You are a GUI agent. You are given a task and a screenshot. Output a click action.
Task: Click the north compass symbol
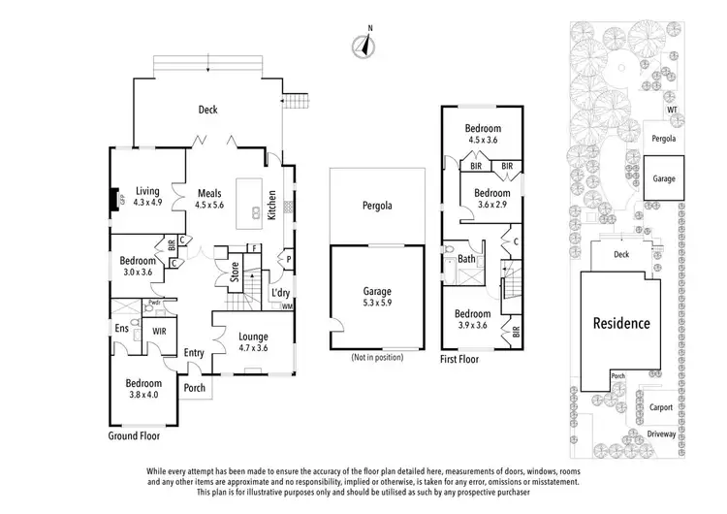pyautogui.click(x=365, y=44)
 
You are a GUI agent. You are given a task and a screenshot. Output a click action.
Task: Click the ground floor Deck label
pyautogui.click(x=207, y=111)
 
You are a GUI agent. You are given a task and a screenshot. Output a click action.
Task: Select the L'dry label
pyautogui.click(x=281, y=292)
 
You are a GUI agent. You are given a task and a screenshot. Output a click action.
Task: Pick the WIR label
pyautogui.click(x=160, y=331)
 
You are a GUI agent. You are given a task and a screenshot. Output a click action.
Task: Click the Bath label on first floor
pyautogui.click(x=466, y=259)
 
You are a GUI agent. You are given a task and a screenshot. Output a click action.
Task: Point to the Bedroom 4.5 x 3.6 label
pyautogui.click(x=482, y=134)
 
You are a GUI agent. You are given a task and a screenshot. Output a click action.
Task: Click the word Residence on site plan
pyautogui.click(x=622, y=323)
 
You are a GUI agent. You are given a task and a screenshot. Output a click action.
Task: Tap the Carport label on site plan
pyautogui.click(x=662, y=408)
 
